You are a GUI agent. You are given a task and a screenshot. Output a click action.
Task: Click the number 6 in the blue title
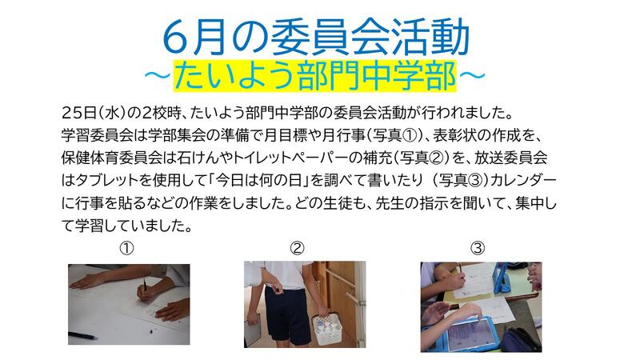coord(175,38)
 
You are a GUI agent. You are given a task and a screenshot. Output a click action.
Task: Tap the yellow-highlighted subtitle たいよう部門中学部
coord(314,76)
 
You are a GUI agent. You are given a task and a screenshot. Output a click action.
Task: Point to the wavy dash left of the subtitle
coord(157,76)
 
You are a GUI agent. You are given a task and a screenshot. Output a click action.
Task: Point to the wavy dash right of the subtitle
coord(472,76)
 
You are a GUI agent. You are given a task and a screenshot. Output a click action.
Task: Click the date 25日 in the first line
coord(78,113)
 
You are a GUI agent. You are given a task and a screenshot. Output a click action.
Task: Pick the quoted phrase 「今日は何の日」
coord(258,180)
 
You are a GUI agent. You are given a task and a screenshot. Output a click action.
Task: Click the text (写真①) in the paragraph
coord(393,135)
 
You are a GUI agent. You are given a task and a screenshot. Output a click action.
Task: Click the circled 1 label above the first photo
coord(126,248)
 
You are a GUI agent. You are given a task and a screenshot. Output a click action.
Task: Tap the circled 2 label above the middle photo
coord(297,248)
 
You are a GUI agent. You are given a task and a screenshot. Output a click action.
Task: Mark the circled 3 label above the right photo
coord(478,248)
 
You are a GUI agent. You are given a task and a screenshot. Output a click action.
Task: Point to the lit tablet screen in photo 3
coord(469,334)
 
